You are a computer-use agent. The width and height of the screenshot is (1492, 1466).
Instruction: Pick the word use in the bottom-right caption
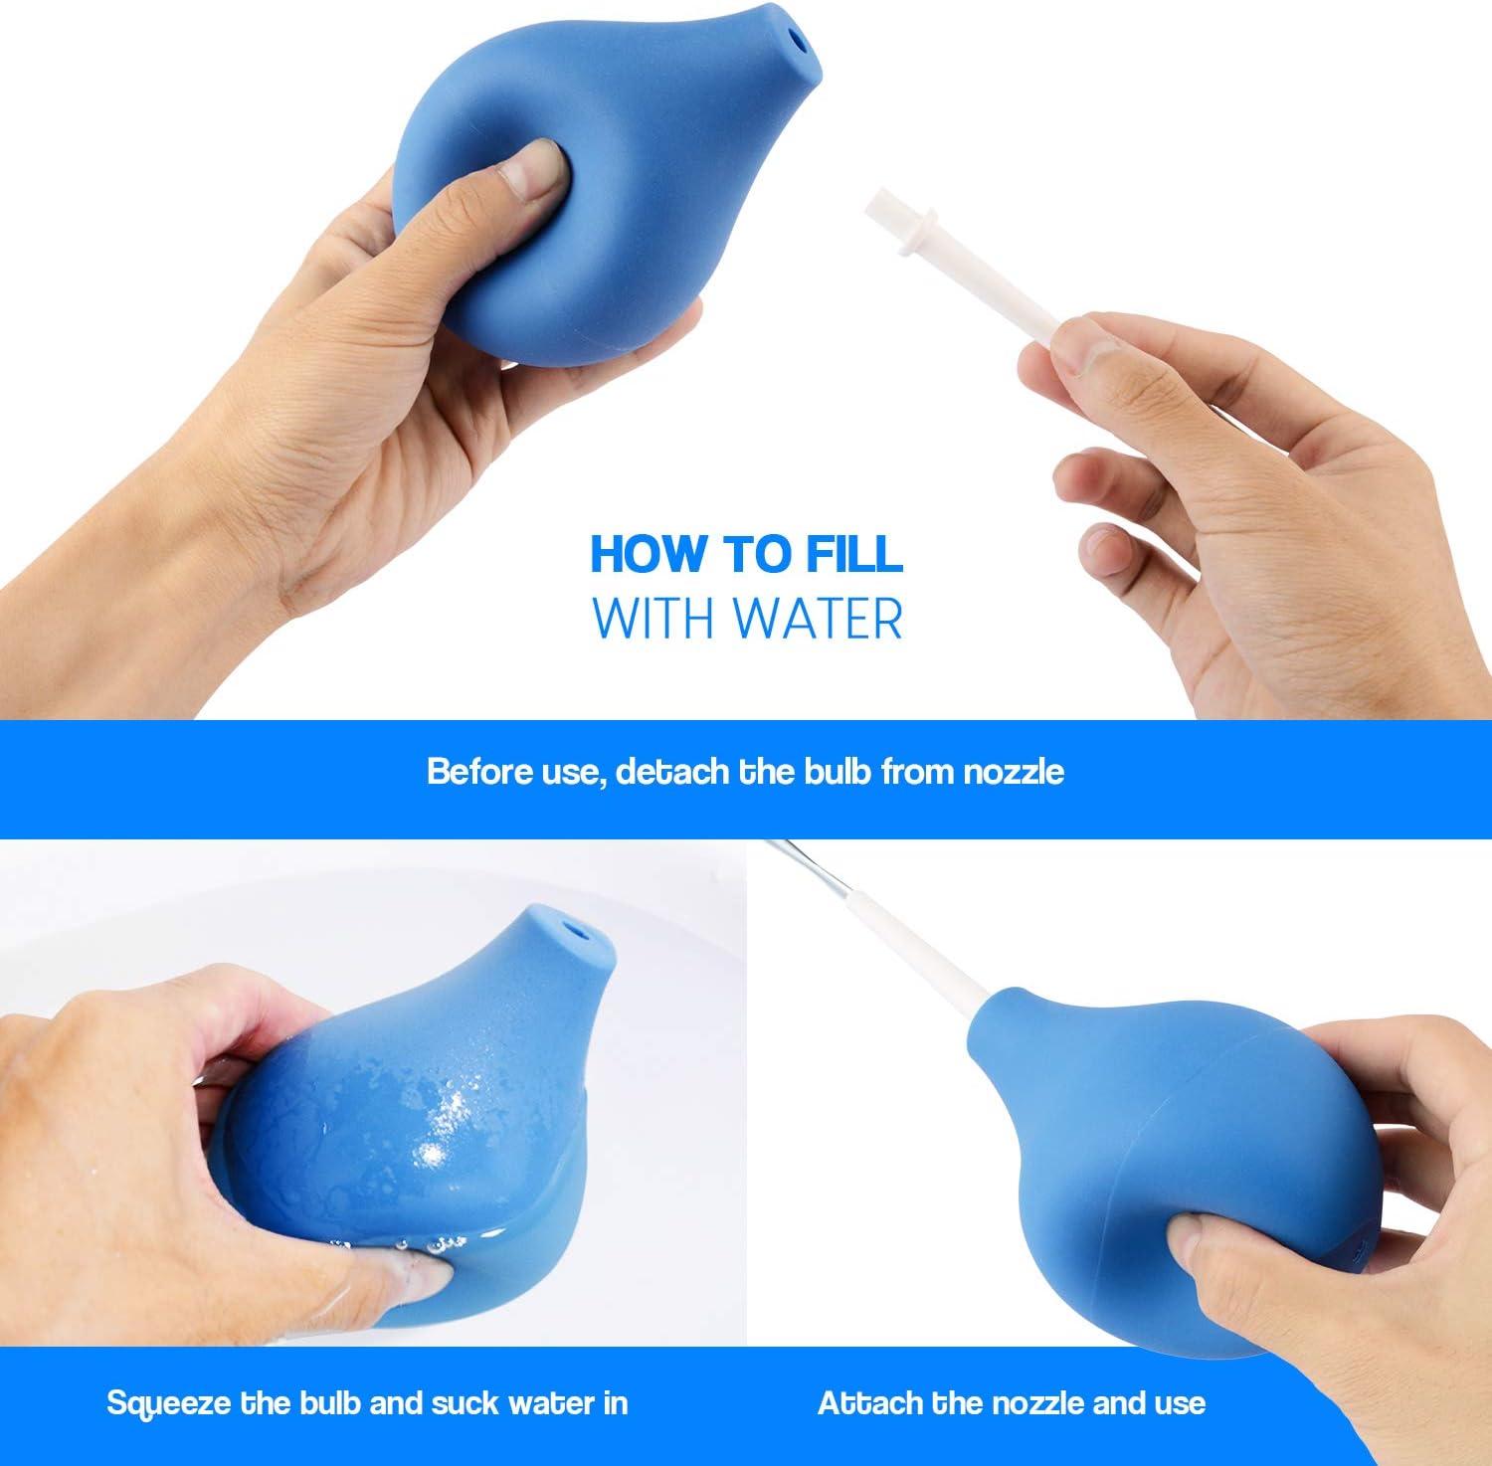1179,1402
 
